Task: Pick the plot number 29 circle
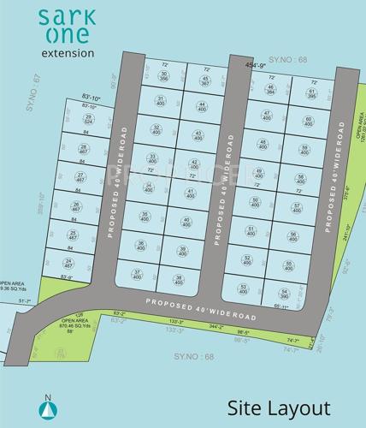click(87, 121)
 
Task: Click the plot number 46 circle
click(270, 90)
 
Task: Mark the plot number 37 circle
click(137, 275)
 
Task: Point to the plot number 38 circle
click(178, 279)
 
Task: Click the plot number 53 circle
click(245, 288)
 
